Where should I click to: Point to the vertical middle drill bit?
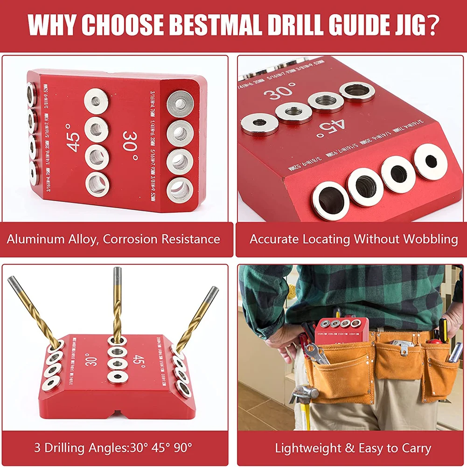pos(117,303)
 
